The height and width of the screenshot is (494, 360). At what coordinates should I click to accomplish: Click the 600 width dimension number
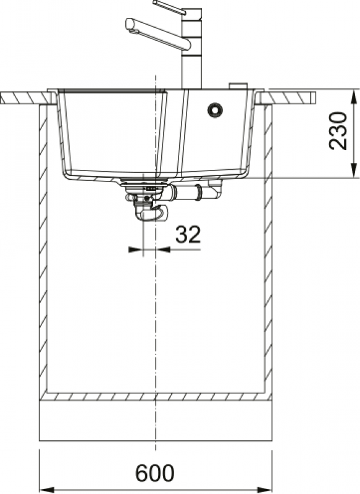pyautogui.click(x=154, y=472)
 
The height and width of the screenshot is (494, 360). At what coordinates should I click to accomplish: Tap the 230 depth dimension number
pyautogui.click(x=338, y=130)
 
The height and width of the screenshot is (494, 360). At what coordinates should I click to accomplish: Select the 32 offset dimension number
pyautogui.click(x=188, y=235)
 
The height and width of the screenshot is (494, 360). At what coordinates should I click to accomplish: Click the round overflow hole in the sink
pyautogui.click(x=215, y=110)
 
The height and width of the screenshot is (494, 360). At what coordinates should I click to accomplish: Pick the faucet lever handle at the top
pyautogui.click(x=169, y=7)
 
